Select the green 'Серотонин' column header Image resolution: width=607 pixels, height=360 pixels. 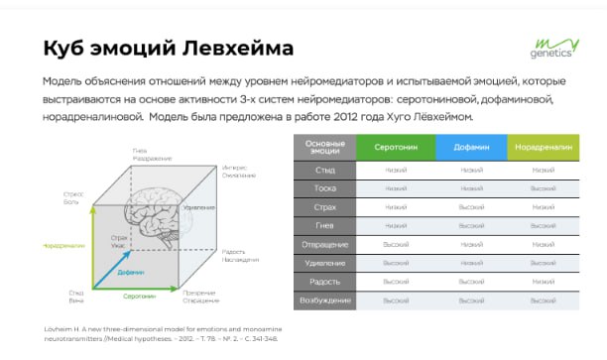pyautogui.click(x=395, y=147)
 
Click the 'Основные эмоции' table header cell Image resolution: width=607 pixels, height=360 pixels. pyautogui.click(x=325, y=147)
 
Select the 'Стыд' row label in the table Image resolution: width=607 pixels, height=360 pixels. pyautogui.click(x=325, y=170)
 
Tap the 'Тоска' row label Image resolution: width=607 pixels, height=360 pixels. pyautogui.click(x=325, y=188)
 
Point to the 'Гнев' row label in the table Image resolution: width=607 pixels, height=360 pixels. pyautogui.click(x=325, y=225)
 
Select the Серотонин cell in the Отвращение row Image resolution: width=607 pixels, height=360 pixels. pyautogui.click(x=395, y=244)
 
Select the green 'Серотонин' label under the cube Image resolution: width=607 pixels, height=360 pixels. pyautogui.click(x=138, y=296)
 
